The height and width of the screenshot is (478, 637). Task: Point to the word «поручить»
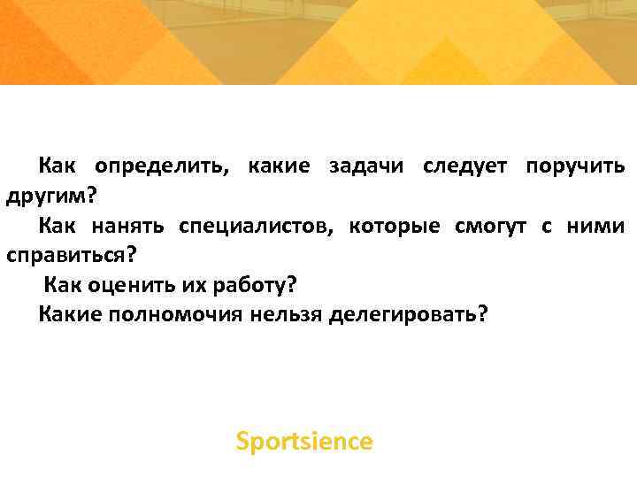click(x=575, y=166)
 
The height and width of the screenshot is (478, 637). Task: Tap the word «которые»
click(x=394, y=227)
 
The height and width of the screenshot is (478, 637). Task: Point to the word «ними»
click(x=597, y=227)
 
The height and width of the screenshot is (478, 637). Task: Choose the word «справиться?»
click(x=73, y=257)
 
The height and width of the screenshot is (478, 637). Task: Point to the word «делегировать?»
click(x=408, y=316)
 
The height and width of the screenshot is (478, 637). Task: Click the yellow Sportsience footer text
click(x=304, y=441)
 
